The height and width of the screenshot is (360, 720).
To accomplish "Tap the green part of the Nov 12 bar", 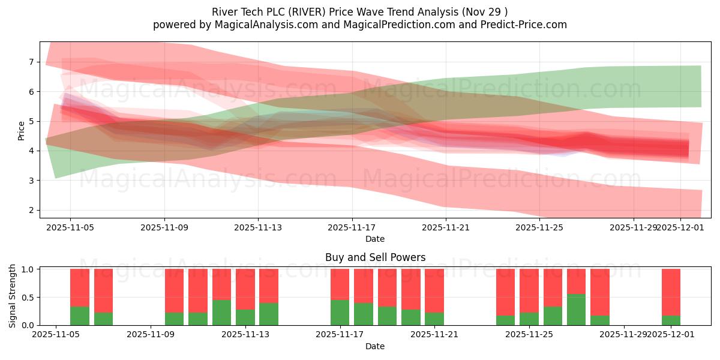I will click(221, 313).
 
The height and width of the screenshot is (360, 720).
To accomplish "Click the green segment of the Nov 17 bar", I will click(340, 313).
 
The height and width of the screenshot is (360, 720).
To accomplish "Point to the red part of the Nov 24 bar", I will click(505, 292).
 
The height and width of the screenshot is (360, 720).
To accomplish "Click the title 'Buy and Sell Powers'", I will click(375, 257).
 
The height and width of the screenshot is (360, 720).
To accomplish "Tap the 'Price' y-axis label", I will click(22, 130).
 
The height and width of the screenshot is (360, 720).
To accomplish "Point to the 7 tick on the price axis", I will click(31, 62).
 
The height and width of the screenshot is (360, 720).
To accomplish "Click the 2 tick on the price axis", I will click(31, 210).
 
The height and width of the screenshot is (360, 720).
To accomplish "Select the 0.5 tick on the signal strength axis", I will click(28, 297).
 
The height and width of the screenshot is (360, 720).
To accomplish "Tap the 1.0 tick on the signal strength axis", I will click(28, 269).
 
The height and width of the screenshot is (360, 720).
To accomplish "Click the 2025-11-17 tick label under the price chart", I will click(352, 227).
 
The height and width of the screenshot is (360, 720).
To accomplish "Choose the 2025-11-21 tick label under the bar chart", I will click(434, 335).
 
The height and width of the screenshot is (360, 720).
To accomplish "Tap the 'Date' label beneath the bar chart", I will click(375, 346).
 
